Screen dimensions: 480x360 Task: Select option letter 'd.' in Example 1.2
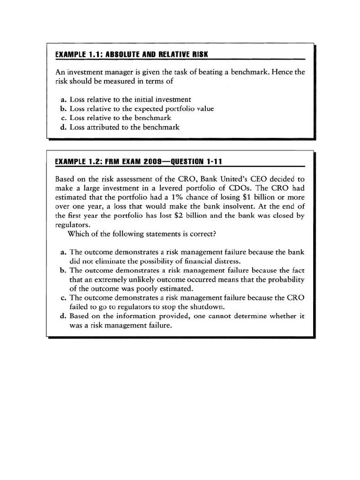click(64, 316)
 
